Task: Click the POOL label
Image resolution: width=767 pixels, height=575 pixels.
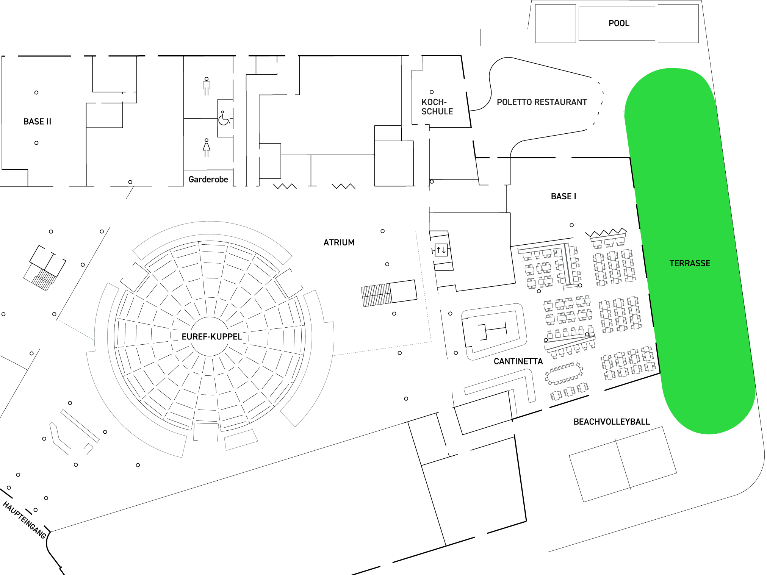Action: (618, 23)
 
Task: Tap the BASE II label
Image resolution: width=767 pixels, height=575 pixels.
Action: (37, 122)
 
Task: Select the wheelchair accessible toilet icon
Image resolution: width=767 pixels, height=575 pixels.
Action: (224, 119)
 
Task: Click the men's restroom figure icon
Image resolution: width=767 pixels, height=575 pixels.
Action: (206, 86)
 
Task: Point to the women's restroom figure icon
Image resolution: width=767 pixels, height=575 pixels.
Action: (206, 148)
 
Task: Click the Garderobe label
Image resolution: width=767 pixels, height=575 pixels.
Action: (208, 180)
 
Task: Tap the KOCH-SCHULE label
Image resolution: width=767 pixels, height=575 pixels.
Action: (437, 107)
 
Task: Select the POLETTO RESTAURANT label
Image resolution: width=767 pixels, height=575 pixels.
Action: (542, 102)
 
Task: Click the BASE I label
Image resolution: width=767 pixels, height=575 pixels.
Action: (563, 196)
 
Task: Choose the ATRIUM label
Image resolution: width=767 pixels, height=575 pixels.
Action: (339, 242)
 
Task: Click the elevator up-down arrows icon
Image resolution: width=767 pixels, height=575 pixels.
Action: (441, 250)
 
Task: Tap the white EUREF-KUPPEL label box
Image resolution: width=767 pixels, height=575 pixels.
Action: (211, 336)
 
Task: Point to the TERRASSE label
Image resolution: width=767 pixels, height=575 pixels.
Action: (690, 263)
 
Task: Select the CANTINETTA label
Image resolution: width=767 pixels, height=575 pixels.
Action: (518, 361)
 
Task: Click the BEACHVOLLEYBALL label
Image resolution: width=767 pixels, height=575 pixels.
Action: (611, 422)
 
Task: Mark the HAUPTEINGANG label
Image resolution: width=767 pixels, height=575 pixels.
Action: (24, 520)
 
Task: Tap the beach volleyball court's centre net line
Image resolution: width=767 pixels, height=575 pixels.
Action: (623, 464)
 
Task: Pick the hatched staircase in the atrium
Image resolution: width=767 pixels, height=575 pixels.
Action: (376, 295)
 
